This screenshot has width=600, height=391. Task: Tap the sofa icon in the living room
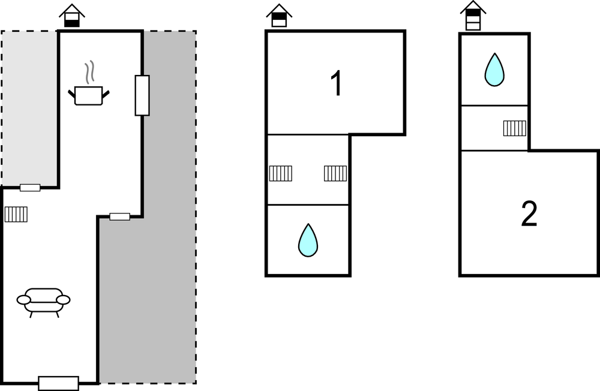[43, 300]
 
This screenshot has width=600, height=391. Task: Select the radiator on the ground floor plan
[16, 214]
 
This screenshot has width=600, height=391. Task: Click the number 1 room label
[337, 84]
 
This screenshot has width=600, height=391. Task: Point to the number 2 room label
[529, 214]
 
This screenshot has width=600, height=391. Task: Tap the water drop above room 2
[494, 70]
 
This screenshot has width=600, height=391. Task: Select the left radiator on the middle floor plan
[280, 173]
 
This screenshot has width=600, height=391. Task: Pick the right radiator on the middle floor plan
[335, 173]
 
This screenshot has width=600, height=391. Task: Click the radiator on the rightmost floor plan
[514, 128]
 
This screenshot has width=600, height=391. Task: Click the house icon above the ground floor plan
[72, 16]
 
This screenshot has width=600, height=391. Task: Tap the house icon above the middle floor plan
[279, 16]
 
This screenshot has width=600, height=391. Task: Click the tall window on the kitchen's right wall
[142, 95]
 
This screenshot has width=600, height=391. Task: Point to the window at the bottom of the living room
[58, 383]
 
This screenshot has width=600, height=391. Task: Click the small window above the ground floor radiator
[30, 188]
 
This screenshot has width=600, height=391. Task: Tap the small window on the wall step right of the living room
[120, 216]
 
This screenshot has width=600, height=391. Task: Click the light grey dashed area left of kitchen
[30, 108]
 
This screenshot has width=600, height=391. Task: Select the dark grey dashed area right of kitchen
[168, 240]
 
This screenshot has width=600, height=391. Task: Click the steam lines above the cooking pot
[90, 72]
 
